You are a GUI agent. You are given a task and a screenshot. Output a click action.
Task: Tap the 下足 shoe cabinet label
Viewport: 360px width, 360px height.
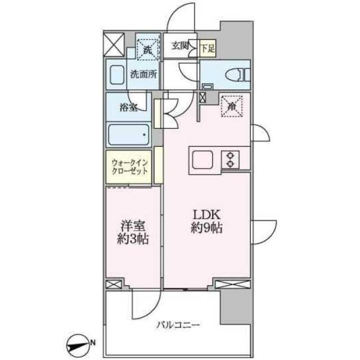[x=208, y=47]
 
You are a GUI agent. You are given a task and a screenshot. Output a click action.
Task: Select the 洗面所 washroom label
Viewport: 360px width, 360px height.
[x=143, y=74]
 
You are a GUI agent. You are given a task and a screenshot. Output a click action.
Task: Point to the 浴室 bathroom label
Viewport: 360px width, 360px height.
[x=128, y=107]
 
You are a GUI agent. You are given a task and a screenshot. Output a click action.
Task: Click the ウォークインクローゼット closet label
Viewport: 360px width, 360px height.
[x=128, y=167]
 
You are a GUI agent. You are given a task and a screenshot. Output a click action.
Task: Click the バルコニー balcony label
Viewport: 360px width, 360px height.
[x=178, y=325]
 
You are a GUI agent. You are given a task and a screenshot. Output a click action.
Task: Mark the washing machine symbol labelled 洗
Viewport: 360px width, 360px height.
[x=147, y=49]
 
